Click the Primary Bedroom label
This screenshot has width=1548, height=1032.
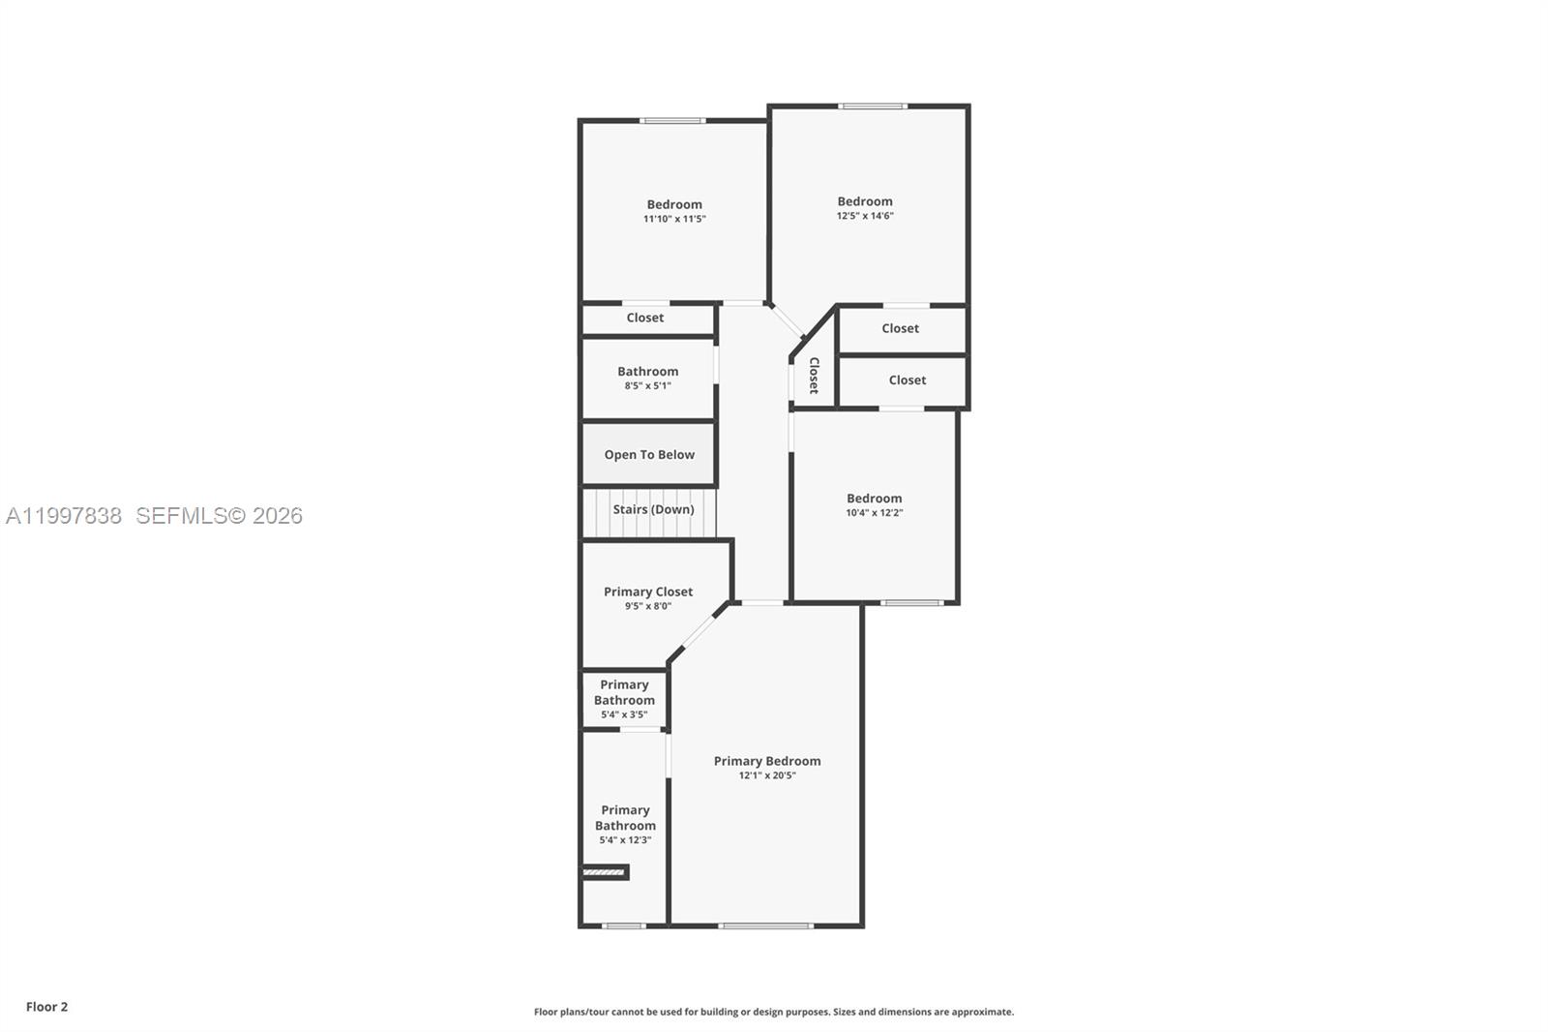tap(766, 761)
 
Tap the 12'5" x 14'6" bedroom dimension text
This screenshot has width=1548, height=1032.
tap(865, 216)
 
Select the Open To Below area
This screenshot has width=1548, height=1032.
tap(649, 455)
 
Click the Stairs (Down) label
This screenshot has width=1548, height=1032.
tap(653, 509)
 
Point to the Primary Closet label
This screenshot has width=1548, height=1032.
tap(648, 592)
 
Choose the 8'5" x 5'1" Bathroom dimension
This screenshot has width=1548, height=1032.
tap(647, 385)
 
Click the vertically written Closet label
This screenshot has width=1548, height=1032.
tap(814, 376)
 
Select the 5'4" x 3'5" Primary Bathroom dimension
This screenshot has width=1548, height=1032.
tap(624, 714)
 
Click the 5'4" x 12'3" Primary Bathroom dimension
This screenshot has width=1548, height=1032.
tap(625, 839)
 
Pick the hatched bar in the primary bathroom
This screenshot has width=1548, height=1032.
tap(605, 872)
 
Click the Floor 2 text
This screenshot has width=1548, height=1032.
tap(46, 1007)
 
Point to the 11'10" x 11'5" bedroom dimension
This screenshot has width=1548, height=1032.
tap(674, 219)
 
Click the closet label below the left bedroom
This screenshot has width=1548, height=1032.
tap(644, 318)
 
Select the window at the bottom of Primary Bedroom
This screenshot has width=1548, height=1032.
tap(765, 926)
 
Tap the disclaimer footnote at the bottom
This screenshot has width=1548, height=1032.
tap(774, 1012)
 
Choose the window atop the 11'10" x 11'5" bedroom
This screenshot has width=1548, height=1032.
tap(672, 121)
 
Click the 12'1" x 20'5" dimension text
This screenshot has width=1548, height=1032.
tap(767, 775)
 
